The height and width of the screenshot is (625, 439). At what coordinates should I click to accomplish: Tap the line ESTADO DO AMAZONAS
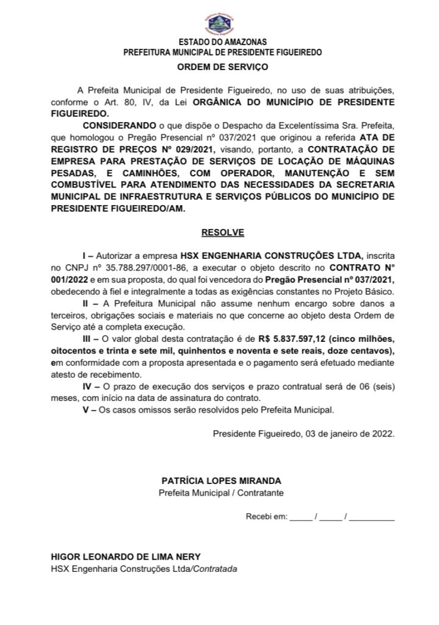222,42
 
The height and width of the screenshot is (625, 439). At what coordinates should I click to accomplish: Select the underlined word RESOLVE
222,233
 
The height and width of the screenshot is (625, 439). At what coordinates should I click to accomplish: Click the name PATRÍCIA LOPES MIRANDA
222,481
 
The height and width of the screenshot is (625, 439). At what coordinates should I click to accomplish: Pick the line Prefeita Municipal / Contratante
222,493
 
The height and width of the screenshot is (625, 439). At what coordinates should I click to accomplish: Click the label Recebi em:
266,517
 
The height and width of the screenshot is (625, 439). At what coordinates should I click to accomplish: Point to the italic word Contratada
215,568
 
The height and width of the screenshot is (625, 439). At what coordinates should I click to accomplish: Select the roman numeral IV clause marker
86,386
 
